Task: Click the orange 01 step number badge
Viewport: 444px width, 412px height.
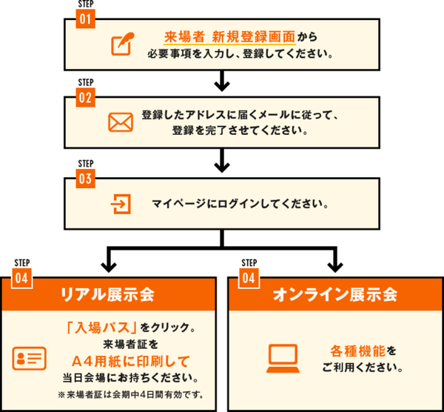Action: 87,19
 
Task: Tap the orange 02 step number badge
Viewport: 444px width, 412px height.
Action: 87,97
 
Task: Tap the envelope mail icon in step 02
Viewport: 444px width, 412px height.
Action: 119,123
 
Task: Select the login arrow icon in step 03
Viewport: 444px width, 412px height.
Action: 118,202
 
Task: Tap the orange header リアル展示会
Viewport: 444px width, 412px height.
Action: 109,294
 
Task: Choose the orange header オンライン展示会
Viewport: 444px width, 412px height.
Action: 335,294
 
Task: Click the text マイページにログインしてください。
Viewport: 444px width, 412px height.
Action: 240,203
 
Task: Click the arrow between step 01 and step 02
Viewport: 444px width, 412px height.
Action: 221,79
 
